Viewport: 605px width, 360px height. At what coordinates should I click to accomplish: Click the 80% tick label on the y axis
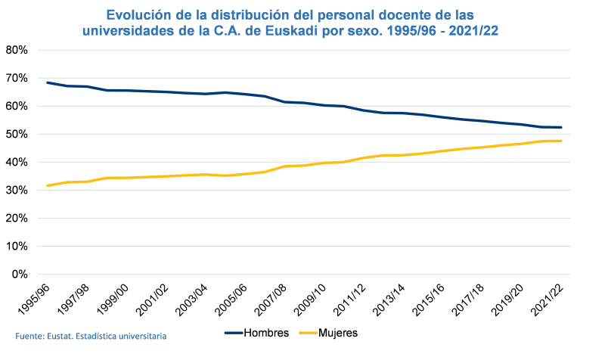point(17,50)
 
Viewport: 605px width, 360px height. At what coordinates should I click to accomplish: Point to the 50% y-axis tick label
point(17,134)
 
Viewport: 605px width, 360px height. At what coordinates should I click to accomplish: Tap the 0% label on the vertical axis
point(20,274)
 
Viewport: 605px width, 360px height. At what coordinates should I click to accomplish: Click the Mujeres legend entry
point(337,332)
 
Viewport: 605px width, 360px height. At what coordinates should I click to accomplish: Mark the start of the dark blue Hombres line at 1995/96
point(47,82)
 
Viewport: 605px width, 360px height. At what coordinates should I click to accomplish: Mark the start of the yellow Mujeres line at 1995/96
point(47,185)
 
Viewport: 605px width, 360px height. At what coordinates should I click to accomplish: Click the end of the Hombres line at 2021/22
point(561,127)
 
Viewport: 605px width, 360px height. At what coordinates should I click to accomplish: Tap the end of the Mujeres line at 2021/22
point(561,141)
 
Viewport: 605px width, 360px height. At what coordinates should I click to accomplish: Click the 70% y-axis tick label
point(17,78)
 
